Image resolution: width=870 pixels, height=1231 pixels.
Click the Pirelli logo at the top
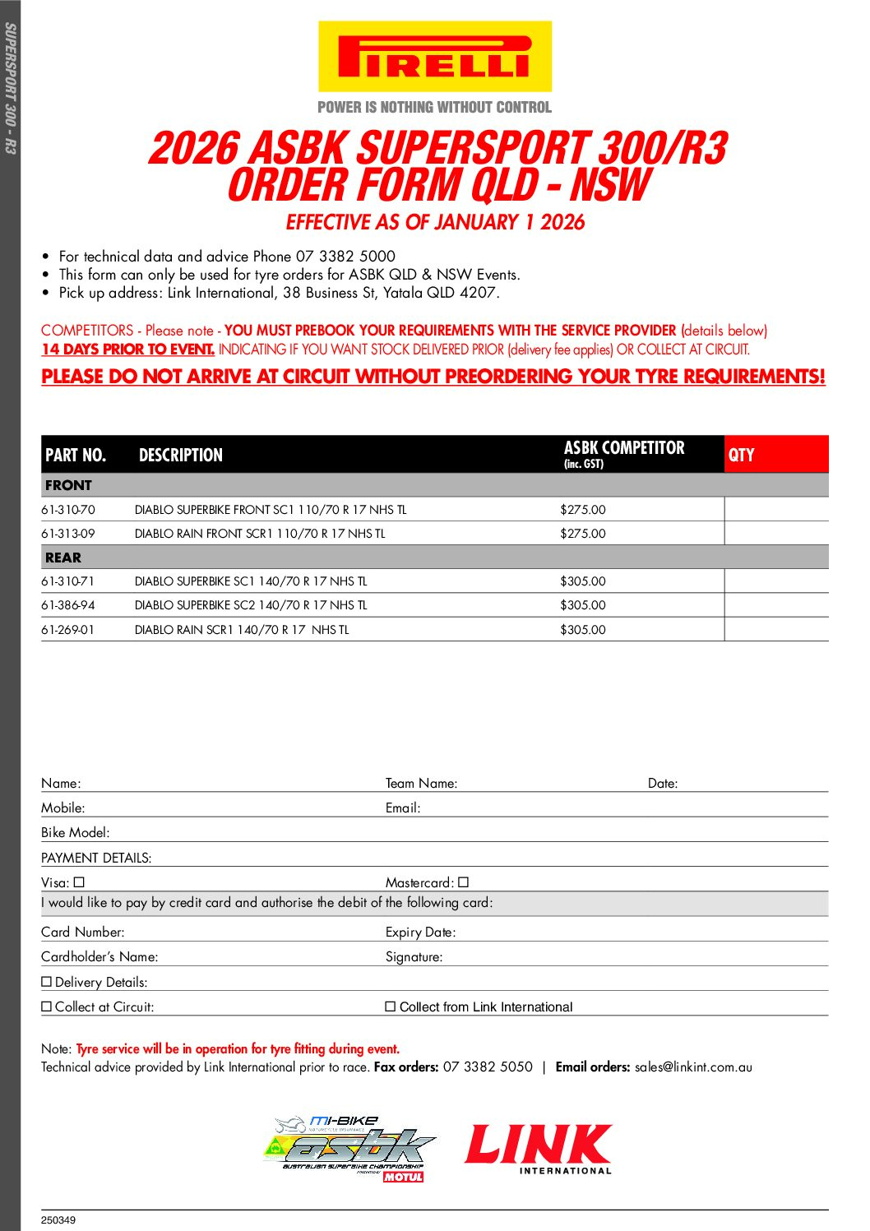click(434, 57)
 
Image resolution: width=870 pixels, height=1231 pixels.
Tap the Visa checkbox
click(79, 882)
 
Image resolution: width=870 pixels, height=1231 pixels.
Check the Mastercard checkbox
click(463, 882)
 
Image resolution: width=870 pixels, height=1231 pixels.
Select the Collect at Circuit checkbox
click(47, 1007)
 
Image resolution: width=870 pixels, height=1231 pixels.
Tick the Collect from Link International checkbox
click(391, 1007)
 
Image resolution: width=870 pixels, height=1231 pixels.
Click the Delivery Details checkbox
click(47, 982)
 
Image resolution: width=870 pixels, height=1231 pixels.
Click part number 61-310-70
click(68, 510)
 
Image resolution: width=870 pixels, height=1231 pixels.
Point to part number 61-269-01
click(68, 630)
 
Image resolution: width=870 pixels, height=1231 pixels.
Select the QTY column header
click(742, 455)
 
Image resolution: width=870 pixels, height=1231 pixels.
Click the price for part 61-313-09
click(583, 534)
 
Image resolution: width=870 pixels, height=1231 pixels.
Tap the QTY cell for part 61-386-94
click(775, 605)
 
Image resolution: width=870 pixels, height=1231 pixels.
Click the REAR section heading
click(63, 558)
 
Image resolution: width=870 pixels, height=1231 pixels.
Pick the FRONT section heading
click(68, 485)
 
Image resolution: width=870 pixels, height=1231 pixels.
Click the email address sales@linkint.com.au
click(693, 1067)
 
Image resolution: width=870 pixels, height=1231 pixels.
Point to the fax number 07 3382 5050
click(488, 1067)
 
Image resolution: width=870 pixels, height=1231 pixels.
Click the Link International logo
click(539, 1149)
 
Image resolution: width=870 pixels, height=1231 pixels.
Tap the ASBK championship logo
click(350, 1149)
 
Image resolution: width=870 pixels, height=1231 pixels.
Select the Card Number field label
click(83, 933)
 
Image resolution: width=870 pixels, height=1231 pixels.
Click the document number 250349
click(58, 1220)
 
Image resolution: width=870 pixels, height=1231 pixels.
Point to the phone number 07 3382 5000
click(345, 257)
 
